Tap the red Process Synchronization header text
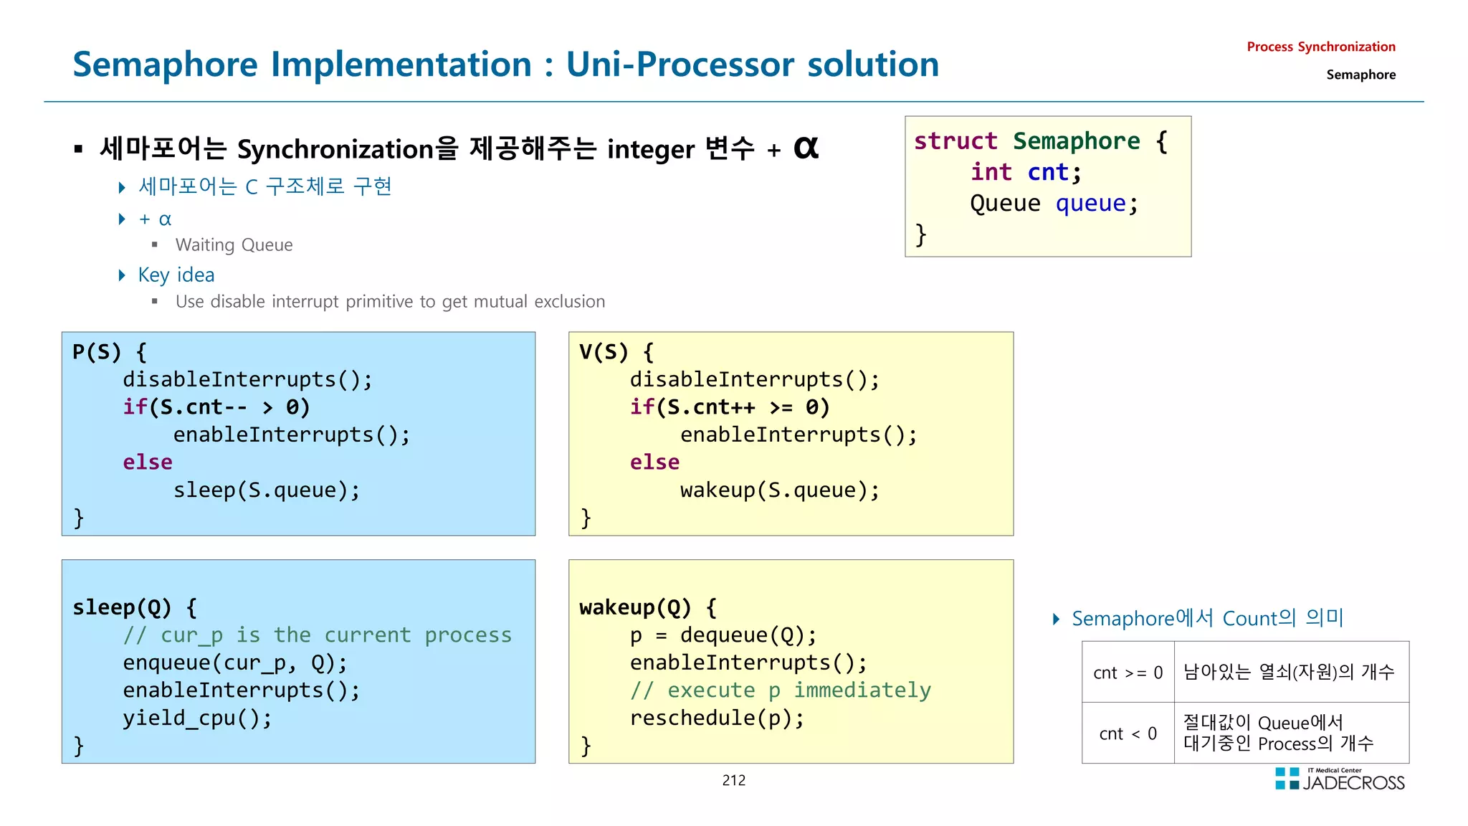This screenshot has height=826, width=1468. coord(1320,47)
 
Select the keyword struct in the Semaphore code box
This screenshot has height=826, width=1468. coord(955,141)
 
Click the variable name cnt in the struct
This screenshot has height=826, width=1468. coord(1047,172)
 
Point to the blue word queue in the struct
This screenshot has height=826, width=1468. coord(1090,204)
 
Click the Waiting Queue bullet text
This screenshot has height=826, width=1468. coord(234,245)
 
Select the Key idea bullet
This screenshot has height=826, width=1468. coord(176,275)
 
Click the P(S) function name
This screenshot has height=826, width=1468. coord(97,352)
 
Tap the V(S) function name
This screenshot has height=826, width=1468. coord(604,352)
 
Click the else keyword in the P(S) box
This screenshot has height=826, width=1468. coord(147,462)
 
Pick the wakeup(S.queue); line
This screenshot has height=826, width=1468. coord(779,490)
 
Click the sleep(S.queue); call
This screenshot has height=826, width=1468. coord(266,490)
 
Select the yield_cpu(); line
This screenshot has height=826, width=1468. coord(197,718)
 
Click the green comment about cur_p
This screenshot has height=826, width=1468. coord(317,635)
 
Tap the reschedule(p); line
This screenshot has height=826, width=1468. coord(717,718)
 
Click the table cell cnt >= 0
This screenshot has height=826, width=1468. coord(1128,673)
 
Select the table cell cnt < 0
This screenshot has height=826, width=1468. coord(1128,734)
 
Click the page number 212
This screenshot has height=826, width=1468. coord(733,780)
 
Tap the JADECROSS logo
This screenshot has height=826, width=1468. coord(1340,780)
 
